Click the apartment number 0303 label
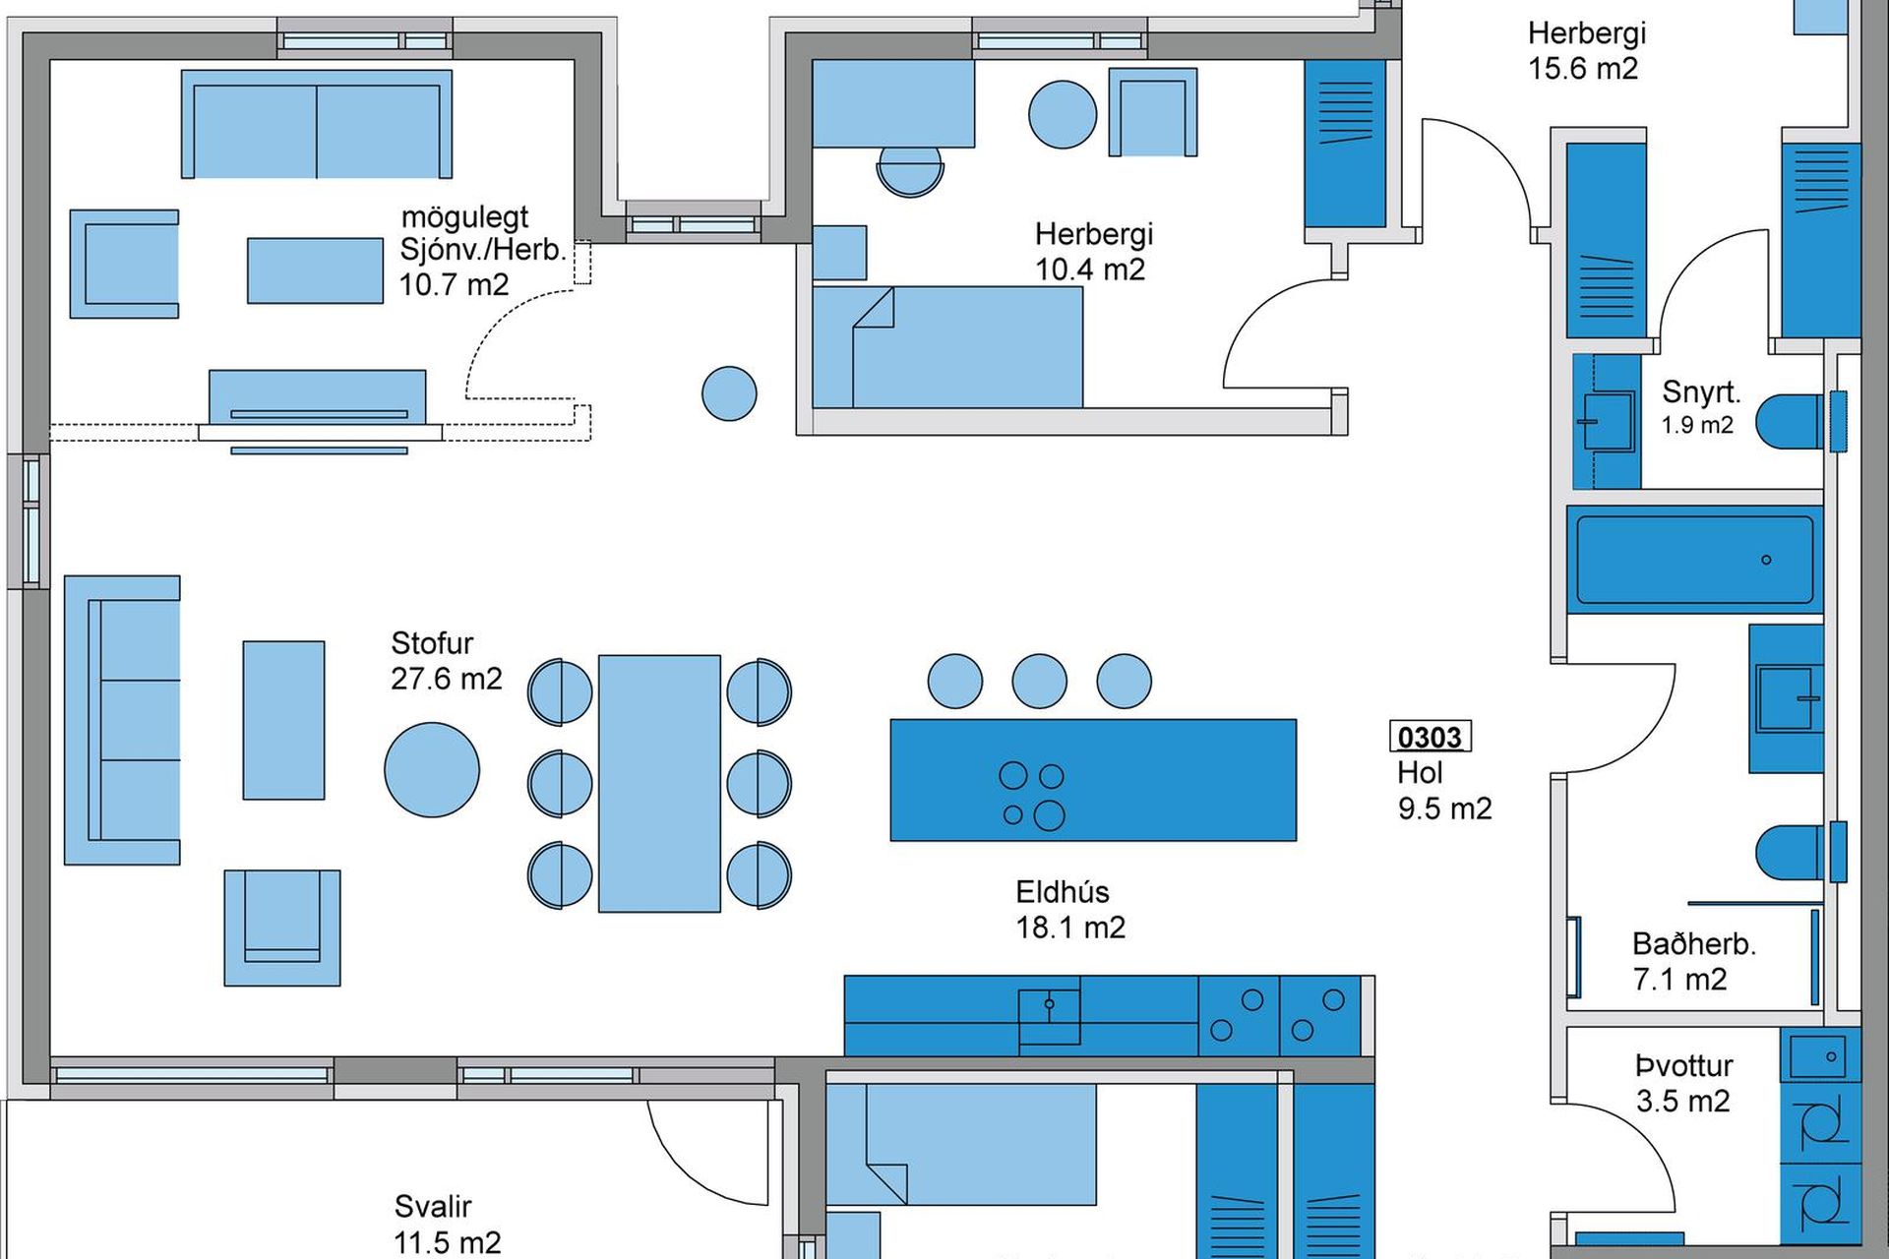click(1431, 737)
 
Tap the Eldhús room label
click(1063, 892)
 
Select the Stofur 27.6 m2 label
click(447, 661)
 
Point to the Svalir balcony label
click(433, 1206)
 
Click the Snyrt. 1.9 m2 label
click(1701, 406)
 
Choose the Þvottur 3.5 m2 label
click(1683, 1083)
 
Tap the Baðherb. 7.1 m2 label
click(1694, 961)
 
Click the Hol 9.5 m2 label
click(1444, 791)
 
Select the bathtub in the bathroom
click(1694, 560)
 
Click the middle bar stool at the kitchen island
click(1039, 681)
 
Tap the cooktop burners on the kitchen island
click(1033, 796)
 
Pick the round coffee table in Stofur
click(432, 770)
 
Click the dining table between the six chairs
click(659, 784)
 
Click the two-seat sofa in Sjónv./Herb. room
click(317, 124)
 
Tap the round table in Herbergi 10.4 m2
click(1063, 114)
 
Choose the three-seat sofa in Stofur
click(122, 720)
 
